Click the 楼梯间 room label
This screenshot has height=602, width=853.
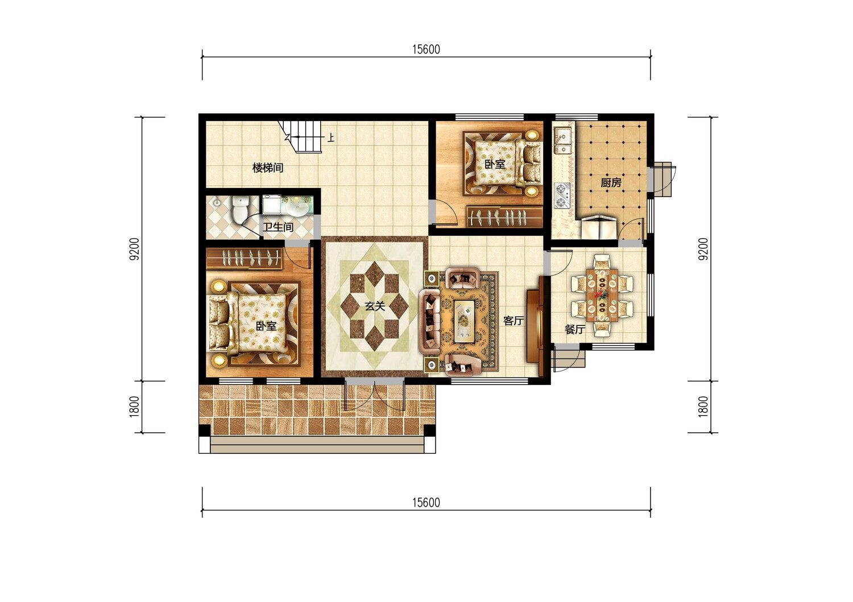tap(268, 168)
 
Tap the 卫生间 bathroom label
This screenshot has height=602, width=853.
tap(278, 227)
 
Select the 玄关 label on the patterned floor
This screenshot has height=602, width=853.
tap(375, 306)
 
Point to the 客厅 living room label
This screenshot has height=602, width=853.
tap(514, 321)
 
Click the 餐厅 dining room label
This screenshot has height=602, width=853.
tap(574, 329)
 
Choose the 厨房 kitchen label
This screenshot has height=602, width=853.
tap(611, 183)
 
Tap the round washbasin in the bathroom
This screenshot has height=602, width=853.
tap(298, 208)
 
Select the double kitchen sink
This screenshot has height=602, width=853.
tap(562, 140)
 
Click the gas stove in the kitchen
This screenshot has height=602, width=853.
tap(562, 195)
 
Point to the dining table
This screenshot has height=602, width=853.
tap(602, 295)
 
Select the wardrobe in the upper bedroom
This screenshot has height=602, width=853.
tap(504, 217)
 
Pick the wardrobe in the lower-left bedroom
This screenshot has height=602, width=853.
tap(244, 258)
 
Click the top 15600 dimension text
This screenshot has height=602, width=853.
tap(426, 49)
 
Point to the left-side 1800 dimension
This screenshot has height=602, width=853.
tap(135, 407)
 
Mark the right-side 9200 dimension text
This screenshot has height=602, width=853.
tap(704, 249)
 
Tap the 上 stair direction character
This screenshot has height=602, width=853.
tap(332, 137)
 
